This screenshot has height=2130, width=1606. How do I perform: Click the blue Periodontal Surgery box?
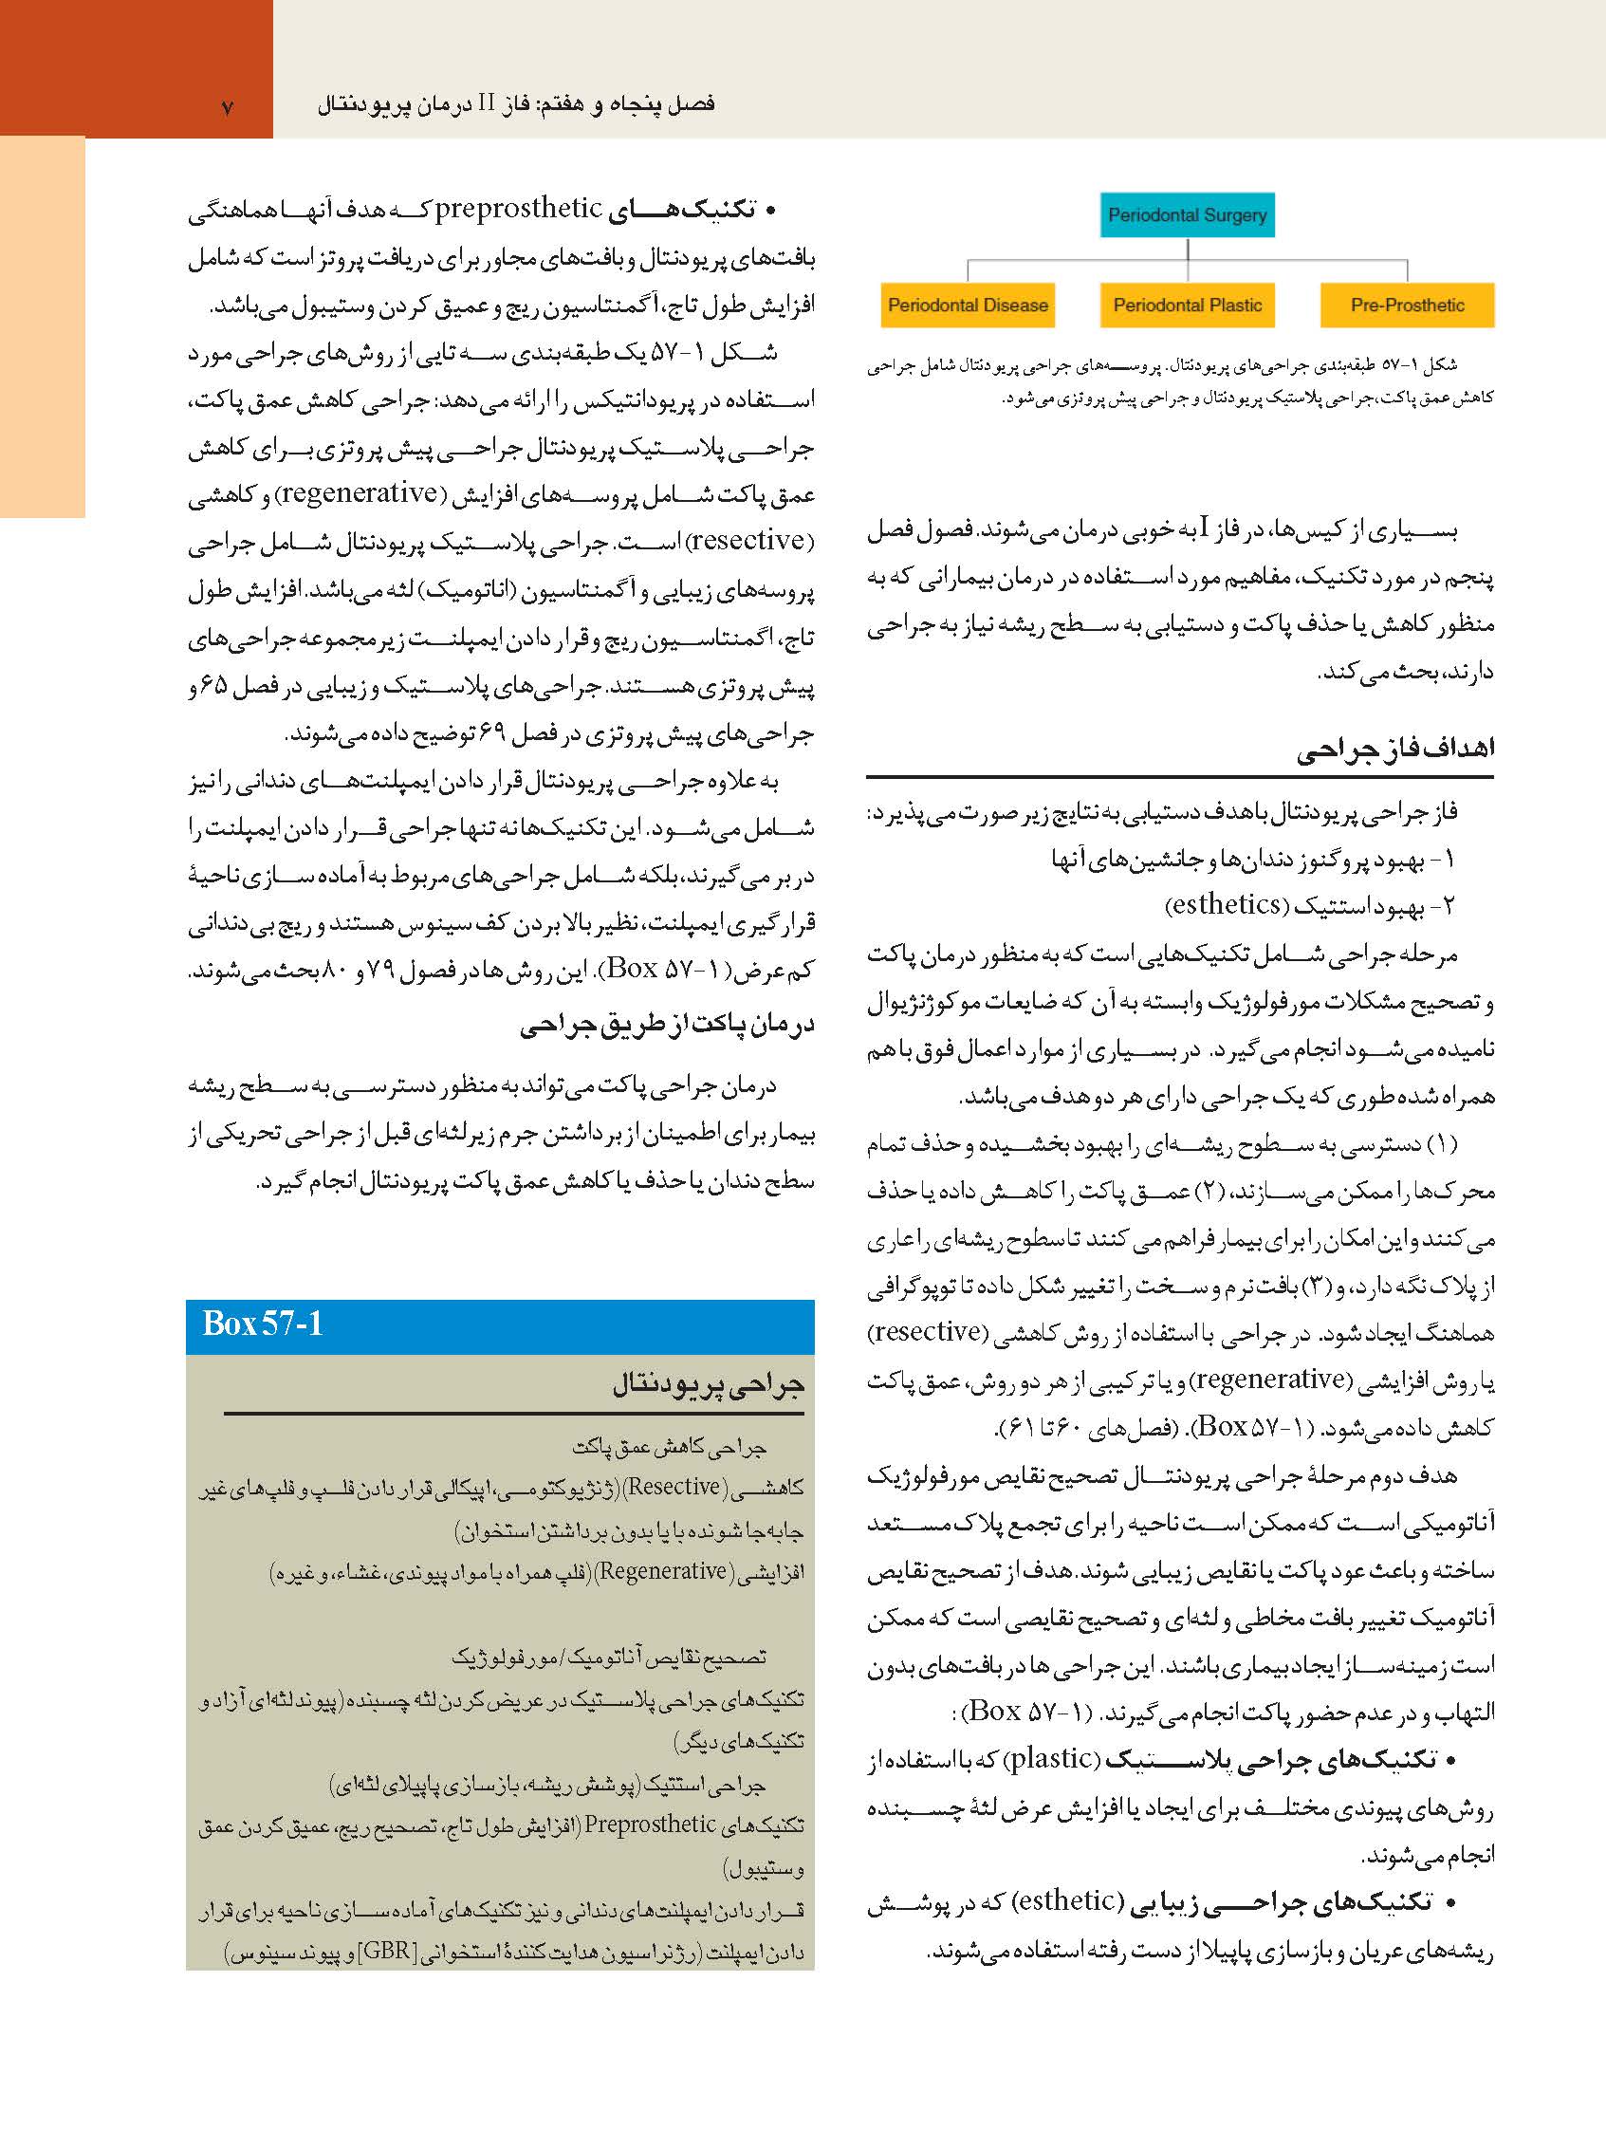1186,214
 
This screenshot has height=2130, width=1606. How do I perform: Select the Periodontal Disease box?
967,306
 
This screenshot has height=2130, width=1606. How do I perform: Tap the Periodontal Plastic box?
1186,306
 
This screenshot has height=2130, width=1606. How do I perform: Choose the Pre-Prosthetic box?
1407,306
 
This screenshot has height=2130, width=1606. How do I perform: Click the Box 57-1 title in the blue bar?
262,1324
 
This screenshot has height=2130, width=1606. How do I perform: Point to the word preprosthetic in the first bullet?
518,208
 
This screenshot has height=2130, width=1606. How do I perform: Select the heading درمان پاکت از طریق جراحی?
666,1026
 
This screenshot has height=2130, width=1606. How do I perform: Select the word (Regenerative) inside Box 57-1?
661,1571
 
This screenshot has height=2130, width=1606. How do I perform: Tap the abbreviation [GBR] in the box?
385,1952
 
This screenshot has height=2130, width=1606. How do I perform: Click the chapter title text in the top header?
516,104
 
